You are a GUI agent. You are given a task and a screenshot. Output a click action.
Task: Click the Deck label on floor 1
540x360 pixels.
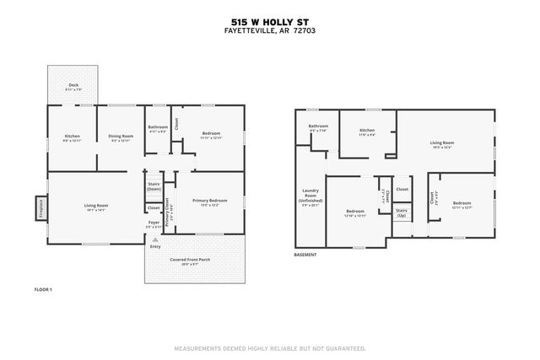pos(73,85)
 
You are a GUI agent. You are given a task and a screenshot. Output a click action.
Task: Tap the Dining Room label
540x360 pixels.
pos(121,137)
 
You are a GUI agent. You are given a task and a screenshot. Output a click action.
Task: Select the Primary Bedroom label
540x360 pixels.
pos(209,201)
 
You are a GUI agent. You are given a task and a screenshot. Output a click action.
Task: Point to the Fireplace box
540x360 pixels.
pos(40,207)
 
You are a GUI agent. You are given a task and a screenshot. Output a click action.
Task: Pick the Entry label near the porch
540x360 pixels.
pos(155,246)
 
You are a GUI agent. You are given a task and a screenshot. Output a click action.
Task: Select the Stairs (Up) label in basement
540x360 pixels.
pos(402,213)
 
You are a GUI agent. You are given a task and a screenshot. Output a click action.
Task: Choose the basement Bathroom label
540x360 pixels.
pos(317,128)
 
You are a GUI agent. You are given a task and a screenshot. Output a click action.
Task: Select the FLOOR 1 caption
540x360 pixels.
pos(43,289)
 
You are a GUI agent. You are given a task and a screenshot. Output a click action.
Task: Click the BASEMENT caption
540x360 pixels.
pos(305,254)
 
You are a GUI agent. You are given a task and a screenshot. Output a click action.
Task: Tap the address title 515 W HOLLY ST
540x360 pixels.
pos(269,23)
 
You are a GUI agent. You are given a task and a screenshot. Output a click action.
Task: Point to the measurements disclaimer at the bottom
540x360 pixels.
pos(269,347)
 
